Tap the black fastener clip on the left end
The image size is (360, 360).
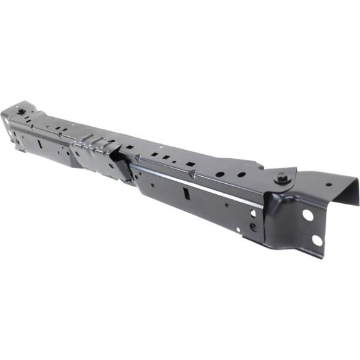[23, 113]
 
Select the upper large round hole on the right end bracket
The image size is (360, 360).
[308, 215]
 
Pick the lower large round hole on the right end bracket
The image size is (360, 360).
[316, 240]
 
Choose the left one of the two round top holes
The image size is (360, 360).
[220, 174]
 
